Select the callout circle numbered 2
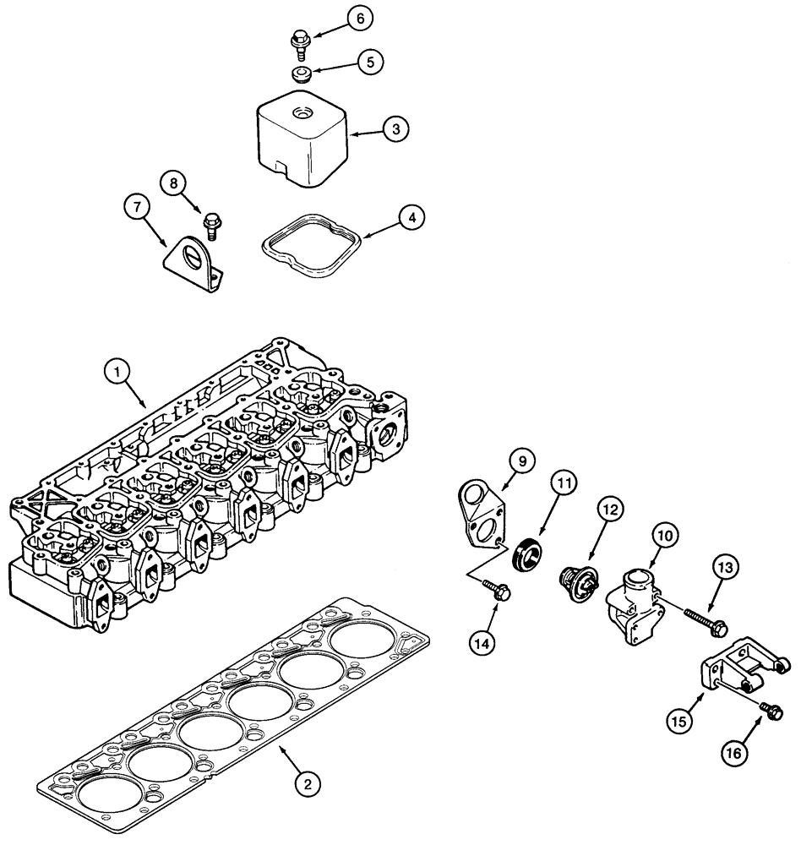[x=307, y=784]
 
